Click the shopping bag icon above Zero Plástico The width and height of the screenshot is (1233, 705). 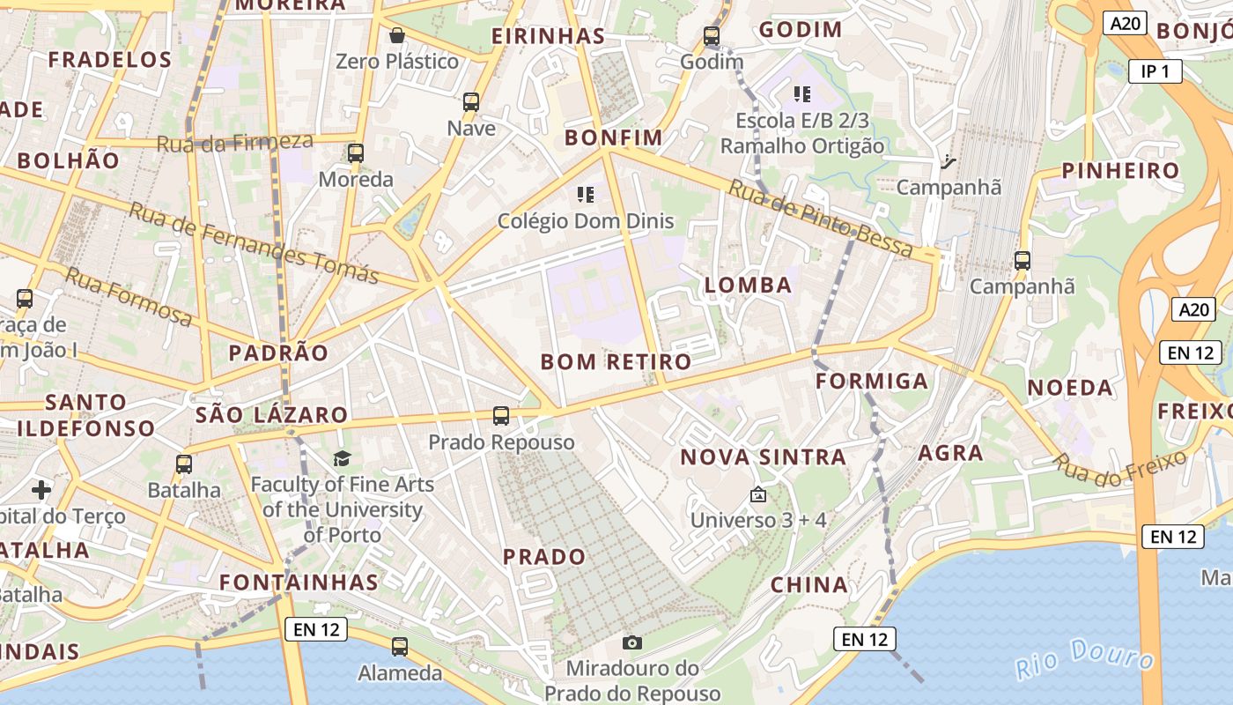pos(397,36)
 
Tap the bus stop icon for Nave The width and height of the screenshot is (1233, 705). pos(471,102)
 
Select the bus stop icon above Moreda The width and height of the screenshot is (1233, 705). pos(356,153)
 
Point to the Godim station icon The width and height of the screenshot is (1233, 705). pos(712,37)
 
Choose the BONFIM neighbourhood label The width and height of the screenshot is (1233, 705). pos(614,137)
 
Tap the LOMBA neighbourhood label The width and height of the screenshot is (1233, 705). pos(748,286)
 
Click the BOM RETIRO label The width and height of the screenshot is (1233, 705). pos(616,362)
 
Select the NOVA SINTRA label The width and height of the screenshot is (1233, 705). pos(763,457)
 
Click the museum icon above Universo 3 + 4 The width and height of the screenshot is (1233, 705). pos(757,495)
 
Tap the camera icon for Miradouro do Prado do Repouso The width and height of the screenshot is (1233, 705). pos(631,642)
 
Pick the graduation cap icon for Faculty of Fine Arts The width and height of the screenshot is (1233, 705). pos(342,459)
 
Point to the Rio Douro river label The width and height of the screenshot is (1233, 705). pos(1084,658)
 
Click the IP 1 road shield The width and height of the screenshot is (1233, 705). pos(1155,72)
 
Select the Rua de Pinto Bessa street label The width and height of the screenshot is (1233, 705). pos(819,219)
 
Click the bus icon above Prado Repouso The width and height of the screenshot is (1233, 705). pos(501,416)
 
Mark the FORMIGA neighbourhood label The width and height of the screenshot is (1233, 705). pos(872,382)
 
